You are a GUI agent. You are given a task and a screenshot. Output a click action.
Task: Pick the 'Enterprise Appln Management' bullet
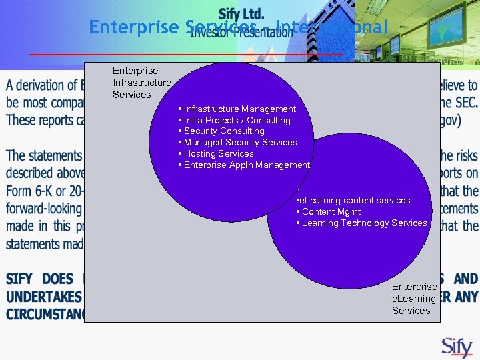(243, 165)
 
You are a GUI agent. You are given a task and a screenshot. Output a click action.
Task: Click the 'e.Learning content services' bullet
(353, 200)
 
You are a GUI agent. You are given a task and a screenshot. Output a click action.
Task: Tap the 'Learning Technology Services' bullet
(361, 223)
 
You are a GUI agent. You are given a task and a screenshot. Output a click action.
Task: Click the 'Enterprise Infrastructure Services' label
(141, 83)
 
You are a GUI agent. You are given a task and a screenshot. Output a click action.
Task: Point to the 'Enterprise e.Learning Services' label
(414, 298)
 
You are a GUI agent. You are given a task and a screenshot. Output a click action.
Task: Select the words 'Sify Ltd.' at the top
(241, 14)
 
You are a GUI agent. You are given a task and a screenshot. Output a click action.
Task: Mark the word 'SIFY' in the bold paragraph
(21, 279)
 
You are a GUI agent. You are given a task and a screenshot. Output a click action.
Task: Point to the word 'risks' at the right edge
(465, 155)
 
